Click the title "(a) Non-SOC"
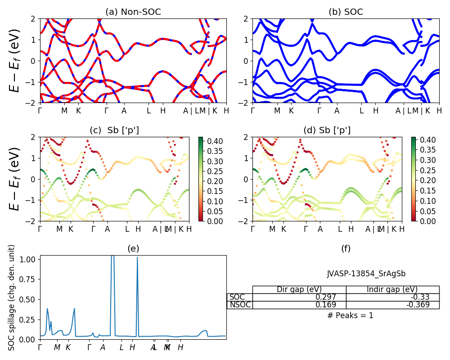pyautogui.click(x=133, y=12)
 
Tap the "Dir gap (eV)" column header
pyautogui.click(x=299, y=289)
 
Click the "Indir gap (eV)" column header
pyautogui.click(x=392, y=289)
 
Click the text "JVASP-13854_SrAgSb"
pyautogui.click(x=363, y=274)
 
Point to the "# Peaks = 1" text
pyautogui.click(x=351, y=315)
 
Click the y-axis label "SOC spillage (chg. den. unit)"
pyautogui.click(x=12, y=297)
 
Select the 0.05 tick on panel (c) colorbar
pyautogui.click(x=214, y=211)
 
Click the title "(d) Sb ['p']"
pyautogui.click(x=327, y=130)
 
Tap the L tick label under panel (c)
pyautogui.click(x=127, y=229)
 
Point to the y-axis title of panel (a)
pyautogui.click(x=16, y=60)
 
